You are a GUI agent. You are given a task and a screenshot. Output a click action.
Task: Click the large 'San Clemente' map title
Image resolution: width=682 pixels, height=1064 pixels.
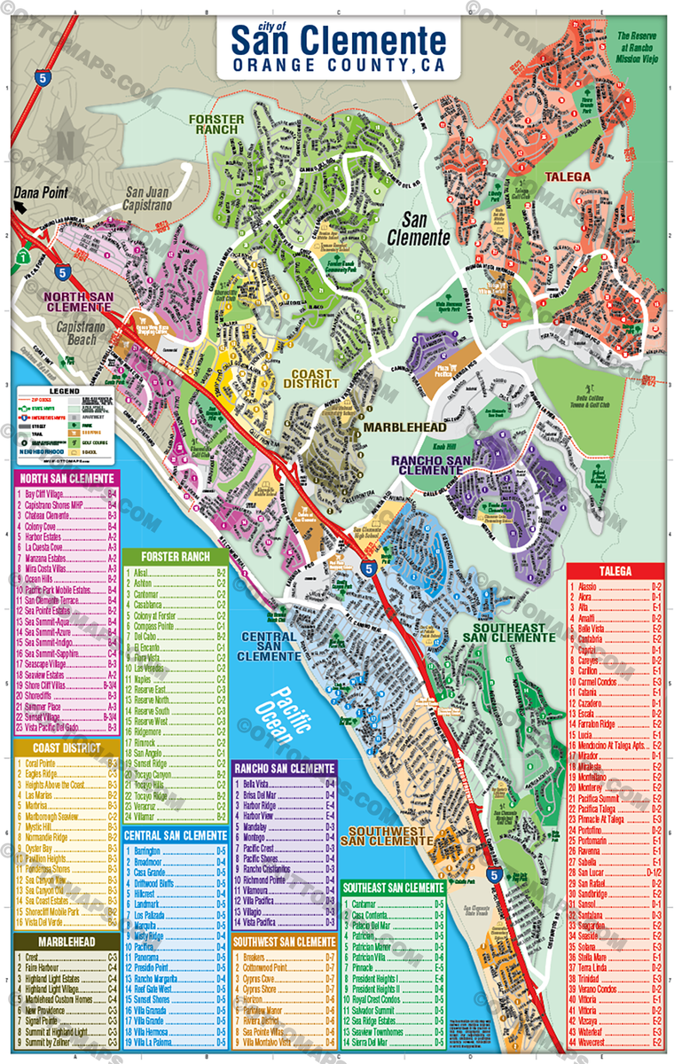(x=339, y=42)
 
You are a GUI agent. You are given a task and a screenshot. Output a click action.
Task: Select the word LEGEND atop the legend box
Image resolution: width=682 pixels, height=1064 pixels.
(x=65, y=390)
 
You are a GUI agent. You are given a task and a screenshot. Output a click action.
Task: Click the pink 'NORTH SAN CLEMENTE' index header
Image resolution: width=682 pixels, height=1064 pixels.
(x=67, y=479)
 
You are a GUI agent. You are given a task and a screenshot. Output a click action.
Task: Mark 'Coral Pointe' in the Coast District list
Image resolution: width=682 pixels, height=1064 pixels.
(x=43, y=763)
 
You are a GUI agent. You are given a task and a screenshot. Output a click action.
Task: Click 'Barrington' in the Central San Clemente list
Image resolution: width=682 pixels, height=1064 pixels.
(x=148, y=849)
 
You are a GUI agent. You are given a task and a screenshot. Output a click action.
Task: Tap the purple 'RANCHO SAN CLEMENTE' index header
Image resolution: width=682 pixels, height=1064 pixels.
(x=285, y=768)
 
